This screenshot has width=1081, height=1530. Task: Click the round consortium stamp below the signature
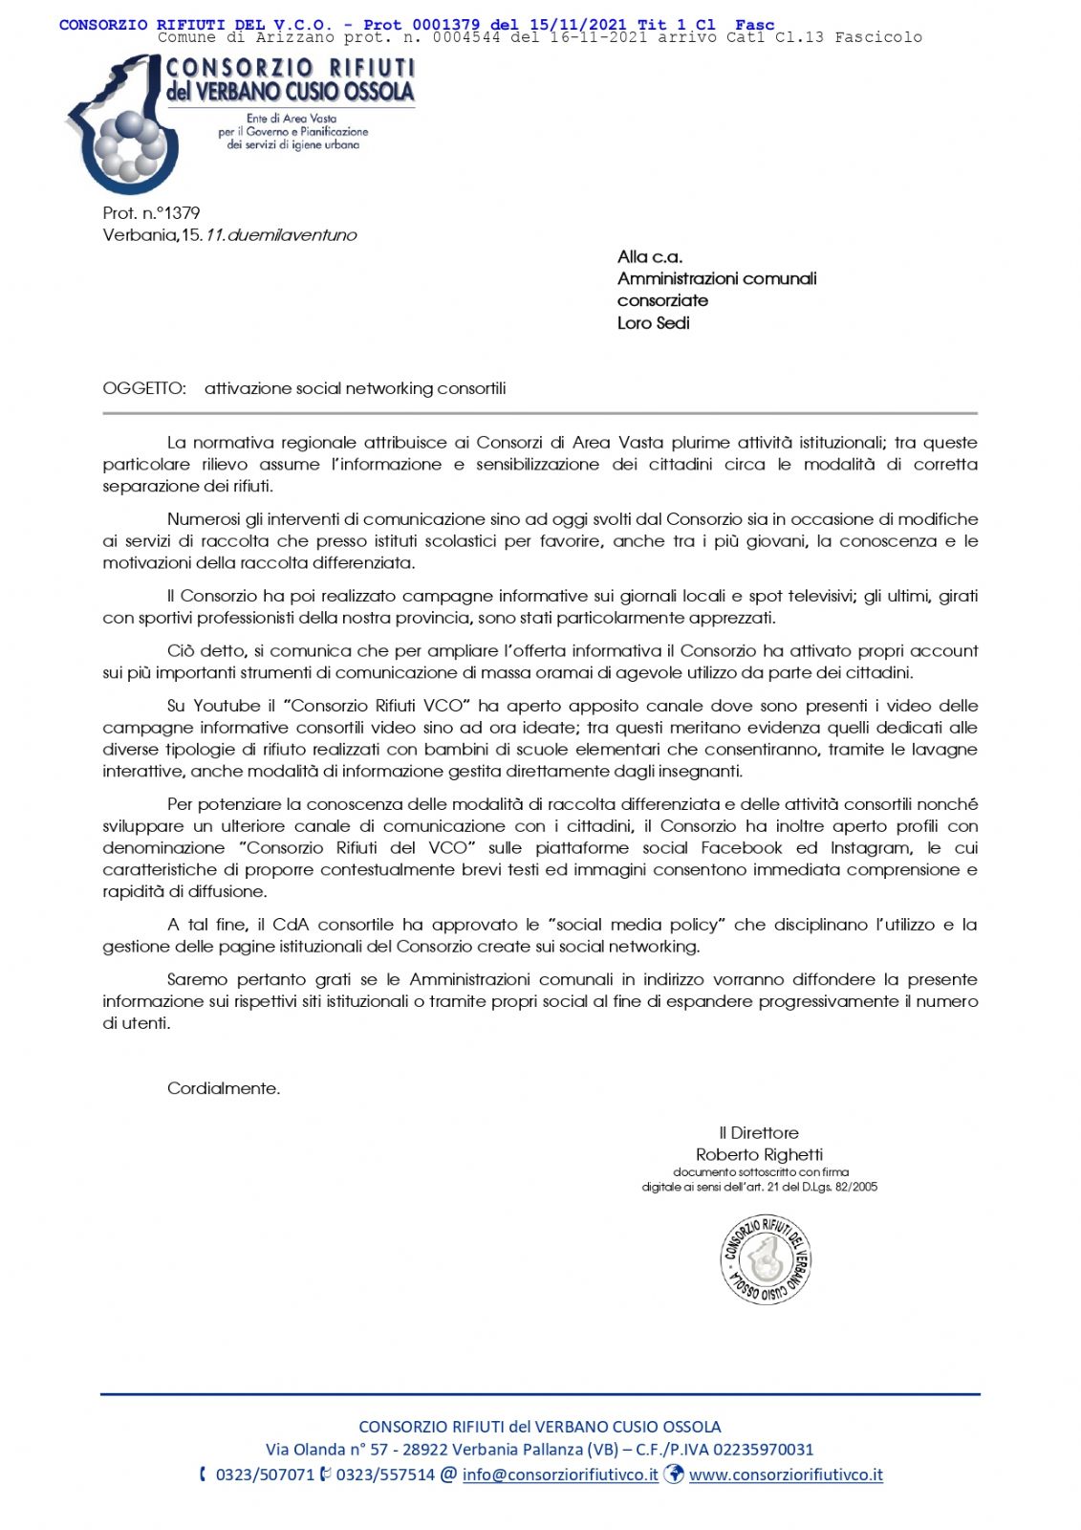pos(766,1259)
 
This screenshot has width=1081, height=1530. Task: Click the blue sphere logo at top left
pos(124,124)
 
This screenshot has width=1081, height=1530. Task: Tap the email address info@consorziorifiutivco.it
pos(560,1475)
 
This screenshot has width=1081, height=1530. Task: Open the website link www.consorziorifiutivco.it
pos(786,1475)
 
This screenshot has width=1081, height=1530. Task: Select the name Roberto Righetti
pos(759,1154)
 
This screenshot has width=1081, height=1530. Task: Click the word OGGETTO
pos(144,388)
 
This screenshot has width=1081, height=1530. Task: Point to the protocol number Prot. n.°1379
pos(151,213)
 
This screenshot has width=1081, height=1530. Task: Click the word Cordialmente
pos(224,1088)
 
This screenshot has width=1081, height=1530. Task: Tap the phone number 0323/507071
pos(265,1475)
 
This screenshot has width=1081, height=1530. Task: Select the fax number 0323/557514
pos(385,1475)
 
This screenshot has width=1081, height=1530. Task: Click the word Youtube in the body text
pos(227,706)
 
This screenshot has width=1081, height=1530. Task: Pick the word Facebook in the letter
pos(742,848)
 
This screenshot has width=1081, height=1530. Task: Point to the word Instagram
pos(871,848)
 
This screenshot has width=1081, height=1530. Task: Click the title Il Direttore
pos(759,1132)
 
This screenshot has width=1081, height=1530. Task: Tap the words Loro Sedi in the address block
pos(653,323)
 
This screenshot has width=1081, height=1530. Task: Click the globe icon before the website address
pos(674,1474)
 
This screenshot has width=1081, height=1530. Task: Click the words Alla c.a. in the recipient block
pos(650,256)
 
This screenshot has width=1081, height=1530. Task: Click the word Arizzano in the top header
pos(294,37)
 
